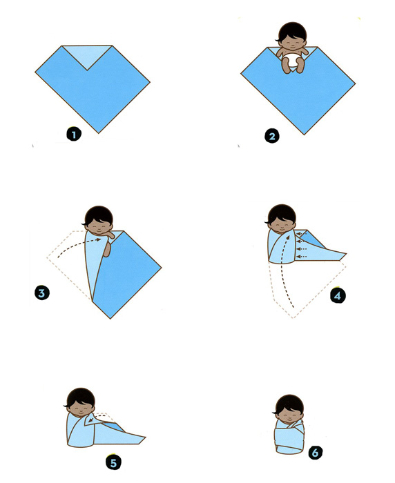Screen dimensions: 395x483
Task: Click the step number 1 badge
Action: click(x=74, y=134)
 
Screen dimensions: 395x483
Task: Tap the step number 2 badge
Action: click(x=271, y=136)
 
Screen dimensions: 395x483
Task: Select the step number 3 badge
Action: click(x=42, y=293)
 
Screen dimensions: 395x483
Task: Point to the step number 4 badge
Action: click(x=338, y=296)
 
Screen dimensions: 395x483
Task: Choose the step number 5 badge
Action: click(x=113, y=463)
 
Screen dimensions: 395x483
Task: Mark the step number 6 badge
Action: click(x=315, y=453)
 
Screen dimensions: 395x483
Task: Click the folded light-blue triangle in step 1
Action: click(x=86, y=56)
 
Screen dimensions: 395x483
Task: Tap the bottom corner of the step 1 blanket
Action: click(x=99, y=132)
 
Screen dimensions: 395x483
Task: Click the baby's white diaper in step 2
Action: click(x=291, y=60)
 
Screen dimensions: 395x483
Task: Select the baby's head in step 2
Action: click(x=292, y=35)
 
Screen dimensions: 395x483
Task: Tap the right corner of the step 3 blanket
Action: click(x=161, y=267)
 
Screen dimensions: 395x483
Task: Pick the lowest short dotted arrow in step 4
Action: click(x=301, y=256)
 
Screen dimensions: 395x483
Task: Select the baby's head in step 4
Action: click(x=280, y=218)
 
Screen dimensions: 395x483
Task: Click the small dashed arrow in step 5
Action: click(x=96, y=417)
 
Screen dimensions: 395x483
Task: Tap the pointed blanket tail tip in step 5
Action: click(x=145, y=437)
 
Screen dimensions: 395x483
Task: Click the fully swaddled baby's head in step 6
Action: click(x=289, y=408)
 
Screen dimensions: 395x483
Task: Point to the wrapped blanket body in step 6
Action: click(x=289, y=437)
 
